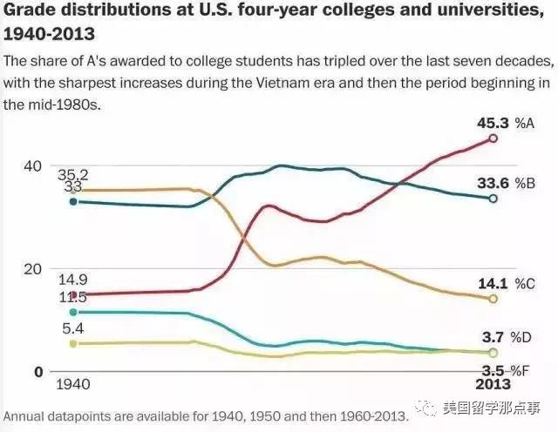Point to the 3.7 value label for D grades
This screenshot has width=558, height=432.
coord(493,336)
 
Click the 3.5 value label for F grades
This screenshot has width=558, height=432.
coord(493,371)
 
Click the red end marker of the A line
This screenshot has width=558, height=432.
coord(493,138)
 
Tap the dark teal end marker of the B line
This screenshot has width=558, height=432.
coord(493,199)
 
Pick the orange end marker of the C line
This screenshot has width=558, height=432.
coord(493,299)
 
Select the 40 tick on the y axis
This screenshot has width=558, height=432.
coord(31,165)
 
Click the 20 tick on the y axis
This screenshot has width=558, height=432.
coord(31,269)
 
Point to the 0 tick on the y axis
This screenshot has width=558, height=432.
coord(37,372)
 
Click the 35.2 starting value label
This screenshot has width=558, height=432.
coord(72,174)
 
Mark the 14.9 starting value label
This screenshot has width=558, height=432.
coord(72,280)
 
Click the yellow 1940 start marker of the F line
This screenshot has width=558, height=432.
coord(73,344)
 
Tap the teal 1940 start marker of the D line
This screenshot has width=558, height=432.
coord(73,312)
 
